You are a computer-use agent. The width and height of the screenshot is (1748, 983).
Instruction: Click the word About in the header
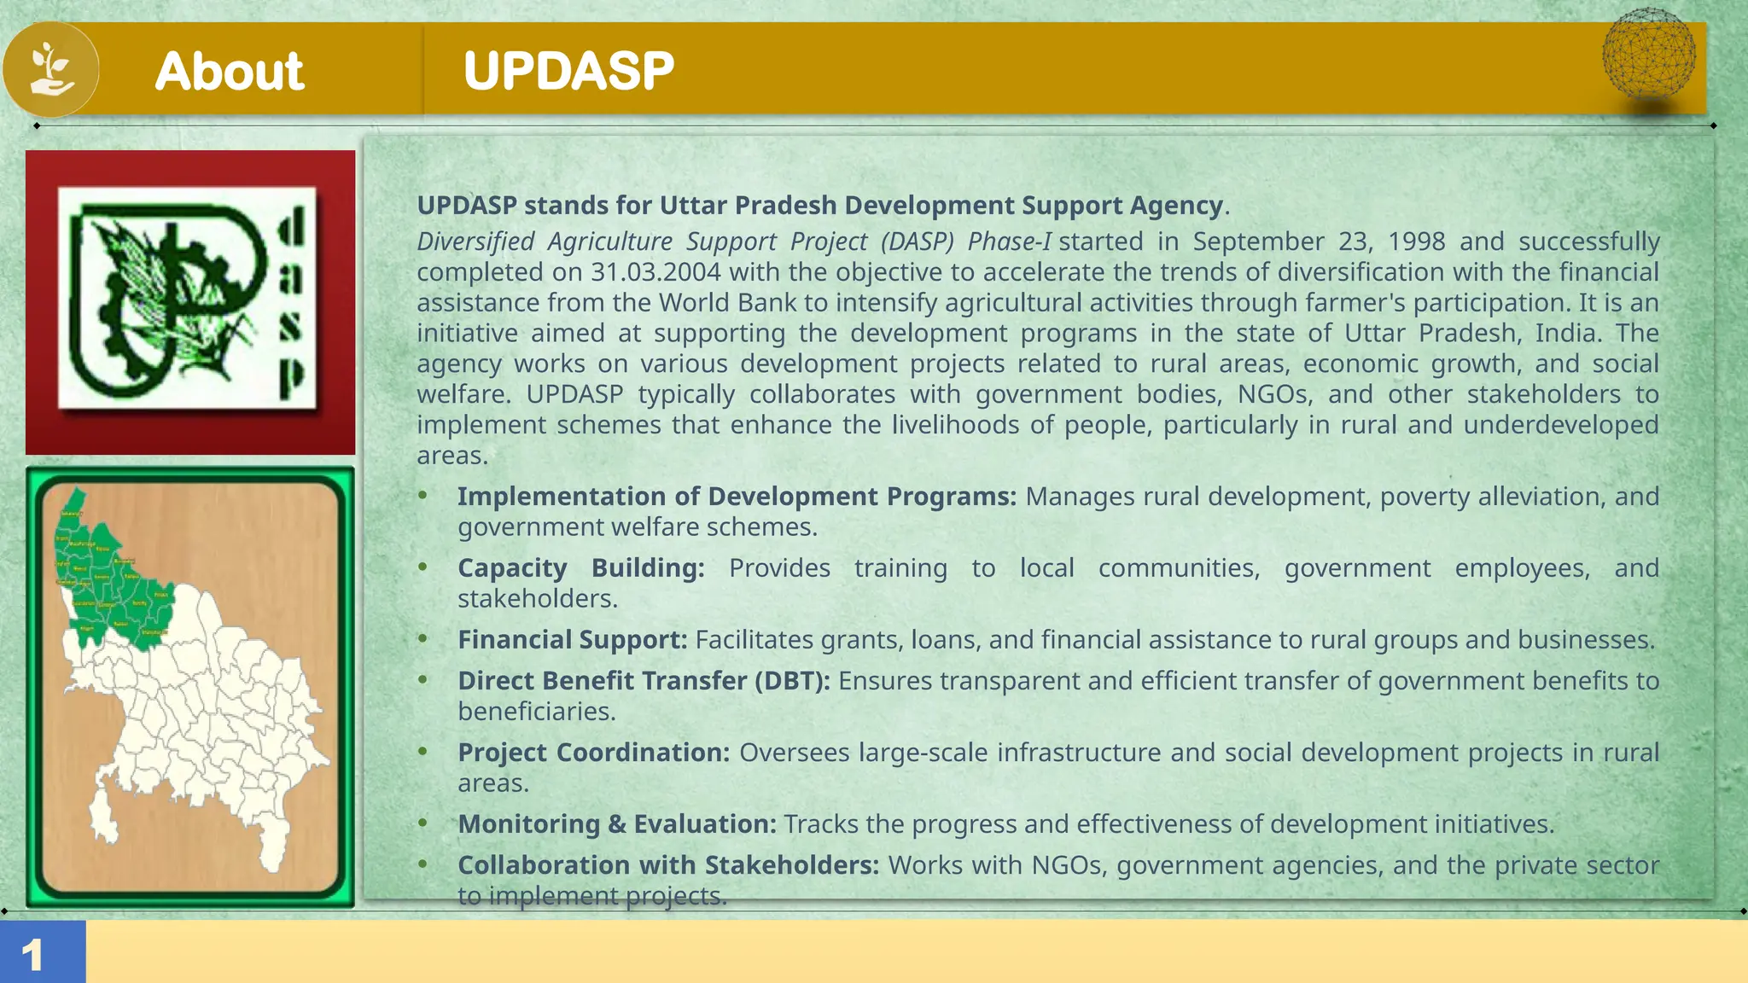click(x=229, y=71)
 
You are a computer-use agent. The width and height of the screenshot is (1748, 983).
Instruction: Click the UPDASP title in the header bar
click(x=568, y=71)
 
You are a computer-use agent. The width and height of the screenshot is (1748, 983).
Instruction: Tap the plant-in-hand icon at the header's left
click(x=51, y=69)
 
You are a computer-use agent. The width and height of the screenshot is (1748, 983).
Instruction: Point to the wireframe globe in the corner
click(x=1648, y=53)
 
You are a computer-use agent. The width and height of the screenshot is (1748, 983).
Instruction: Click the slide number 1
click(x=32, y=955)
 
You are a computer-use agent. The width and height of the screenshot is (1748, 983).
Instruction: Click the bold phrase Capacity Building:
click(x=580, y=568)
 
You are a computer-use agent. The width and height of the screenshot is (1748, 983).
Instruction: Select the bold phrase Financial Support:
click(x=572, y=640)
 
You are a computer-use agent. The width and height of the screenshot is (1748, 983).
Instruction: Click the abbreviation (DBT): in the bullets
click(x=792, y=681)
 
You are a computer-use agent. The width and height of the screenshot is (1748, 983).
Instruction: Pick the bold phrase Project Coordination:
click(x=593, y=753)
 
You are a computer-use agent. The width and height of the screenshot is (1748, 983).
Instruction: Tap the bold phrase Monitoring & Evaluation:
click(x=616, y=824)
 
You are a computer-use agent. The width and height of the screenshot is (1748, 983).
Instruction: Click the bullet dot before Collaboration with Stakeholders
click(x=422, y=864)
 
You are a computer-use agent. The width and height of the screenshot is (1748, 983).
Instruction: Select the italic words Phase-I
click(x=1009, y=241)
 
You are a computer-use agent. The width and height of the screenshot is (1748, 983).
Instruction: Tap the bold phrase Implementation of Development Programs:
click(x=736, y=497)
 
